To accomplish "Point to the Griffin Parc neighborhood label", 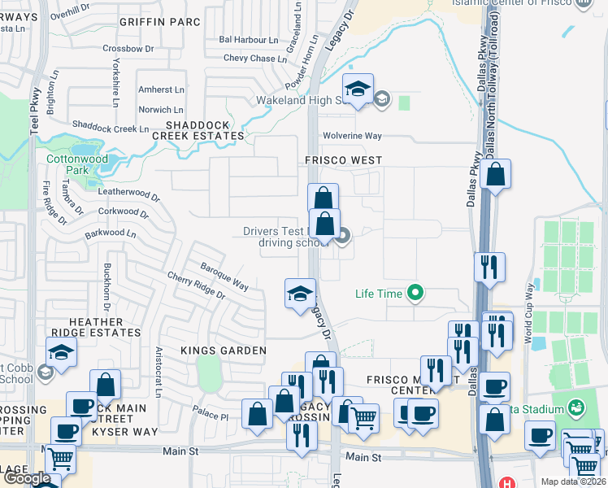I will pyautogui.click(x=159, y=22).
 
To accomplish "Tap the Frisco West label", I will pyautogui.click(x=343, y=161).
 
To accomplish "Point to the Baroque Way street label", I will pyautogui.click(x=224, y=276).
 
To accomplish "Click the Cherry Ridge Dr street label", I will pyautogui.click(x=197, y=288).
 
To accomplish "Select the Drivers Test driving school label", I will pyautogui.click(x=284, y=237).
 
